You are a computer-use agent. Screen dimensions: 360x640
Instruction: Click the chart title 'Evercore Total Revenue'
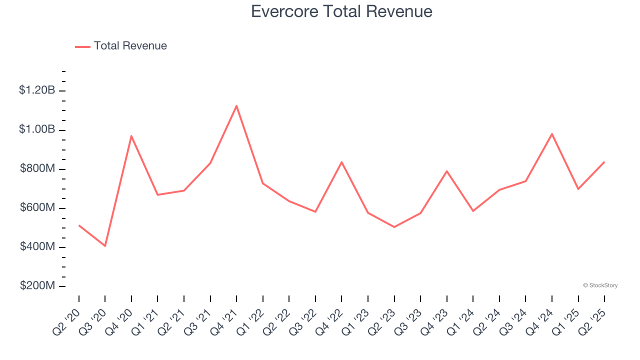[x=341, y=11]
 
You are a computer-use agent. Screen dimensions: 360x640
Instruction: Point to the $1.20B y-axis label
[x=37, y=90]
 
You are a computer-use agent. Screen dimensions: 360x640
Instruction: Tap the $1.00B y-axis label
[x=37, y=129]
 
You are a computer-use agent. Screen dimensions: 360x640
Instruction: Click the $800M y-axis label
[x=37, y=169]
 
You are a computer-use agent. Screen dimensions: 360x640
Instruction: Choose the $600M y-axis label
[x=37, y=208]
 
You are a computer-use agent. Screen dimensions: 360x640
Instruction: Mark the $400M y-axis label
[x=37, y=247]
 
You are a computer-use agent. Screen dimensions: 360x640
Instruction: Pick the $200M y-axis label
[x=37, y=286]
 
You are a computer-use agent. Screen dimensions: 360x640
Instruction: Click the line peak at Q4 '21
[x=236, y=105]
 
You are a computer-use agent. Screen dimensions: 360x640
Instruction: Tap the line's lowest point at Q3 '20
[x=105, y=246]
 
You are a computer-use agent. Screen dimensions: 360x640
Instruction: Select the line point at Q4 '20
[x=131, y=136]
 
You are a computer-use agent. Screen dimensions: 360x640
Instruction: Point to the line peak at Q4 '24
[x=552, y=134]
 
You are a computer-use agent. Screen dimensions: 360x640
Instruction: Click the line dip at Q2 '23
[x=394, y=227]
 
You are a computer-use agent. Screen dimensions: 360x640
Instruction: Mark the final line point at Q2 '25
[x=604, y=162]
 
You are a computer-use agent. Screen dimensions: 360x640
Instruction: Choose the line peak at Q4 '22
[x=341, y=162]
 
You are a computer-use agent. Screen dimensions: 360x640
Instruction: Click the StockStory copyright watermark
[x=600, y=285]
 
